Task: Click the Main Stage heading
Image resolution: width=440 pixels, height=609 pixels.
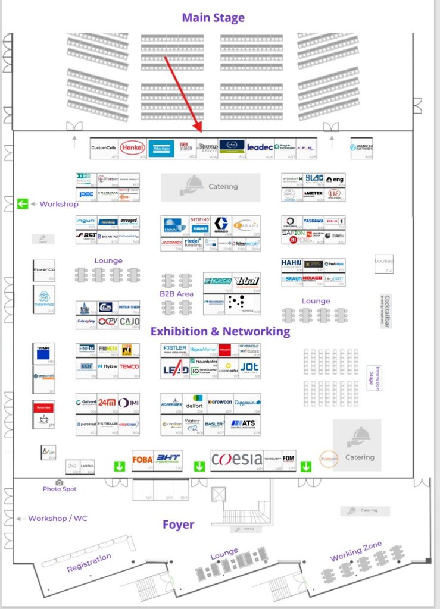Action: coord(213,17)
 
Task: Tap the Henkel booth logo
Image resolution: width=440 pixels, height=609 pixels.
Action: coord(132,147)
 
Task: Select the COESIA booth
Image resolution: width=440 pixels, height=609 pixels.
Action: coord(236,459)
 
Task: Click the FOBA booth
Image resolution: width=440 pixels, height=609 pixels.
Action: coord(142,459)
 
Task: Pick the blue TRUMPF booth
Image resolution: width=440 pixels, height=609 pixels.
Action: coord(44,352)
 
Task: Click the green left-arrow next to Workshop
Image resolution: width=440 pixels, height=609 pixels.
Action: coord(23,204)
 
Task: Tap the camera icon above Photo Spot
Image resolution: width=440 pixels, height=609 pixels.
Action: coord(59,482)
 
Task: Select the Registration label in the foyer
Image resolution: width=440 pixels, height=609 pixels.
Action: coord(89,563)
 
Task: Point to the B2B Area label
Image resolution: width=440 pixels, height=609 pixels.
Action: coord(176,293)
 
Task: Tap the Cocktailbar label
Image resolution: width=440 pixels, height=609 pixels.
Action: coord(387,311)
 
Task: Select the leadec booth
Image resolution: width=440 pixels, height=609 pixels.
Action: coord(260,147)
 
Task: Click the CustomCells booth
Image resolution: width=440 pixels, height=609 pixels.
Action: coord(104,147)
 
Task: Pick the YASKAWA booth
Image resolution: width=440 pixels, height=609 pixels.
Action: coord(313,221)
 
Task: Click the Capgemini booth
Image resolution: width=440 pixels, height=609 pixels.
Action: coord(246,402)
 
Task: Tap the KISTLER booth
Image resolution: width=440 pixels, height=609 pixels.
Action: coord(174,349)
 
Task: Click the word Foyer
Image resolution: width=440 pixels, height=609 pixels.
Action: coord(179,525)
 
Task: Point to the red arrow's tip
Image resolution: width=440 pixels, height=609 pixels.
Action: coord(201,131)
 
